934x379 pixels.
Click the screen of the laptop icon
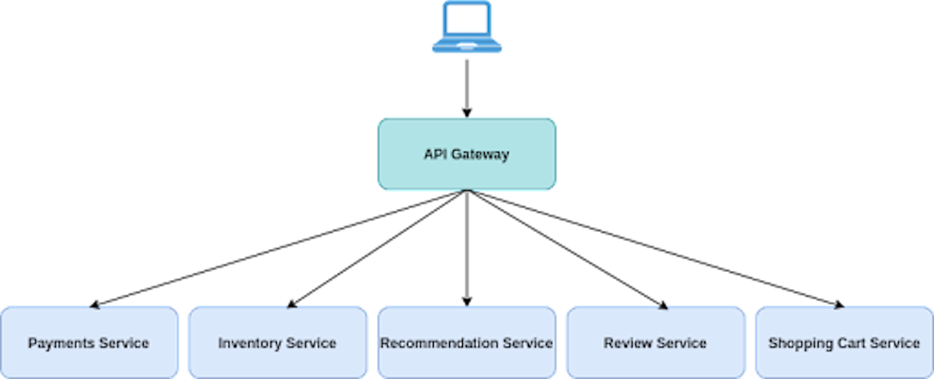467,19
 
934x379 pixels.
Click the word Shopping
797,343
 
